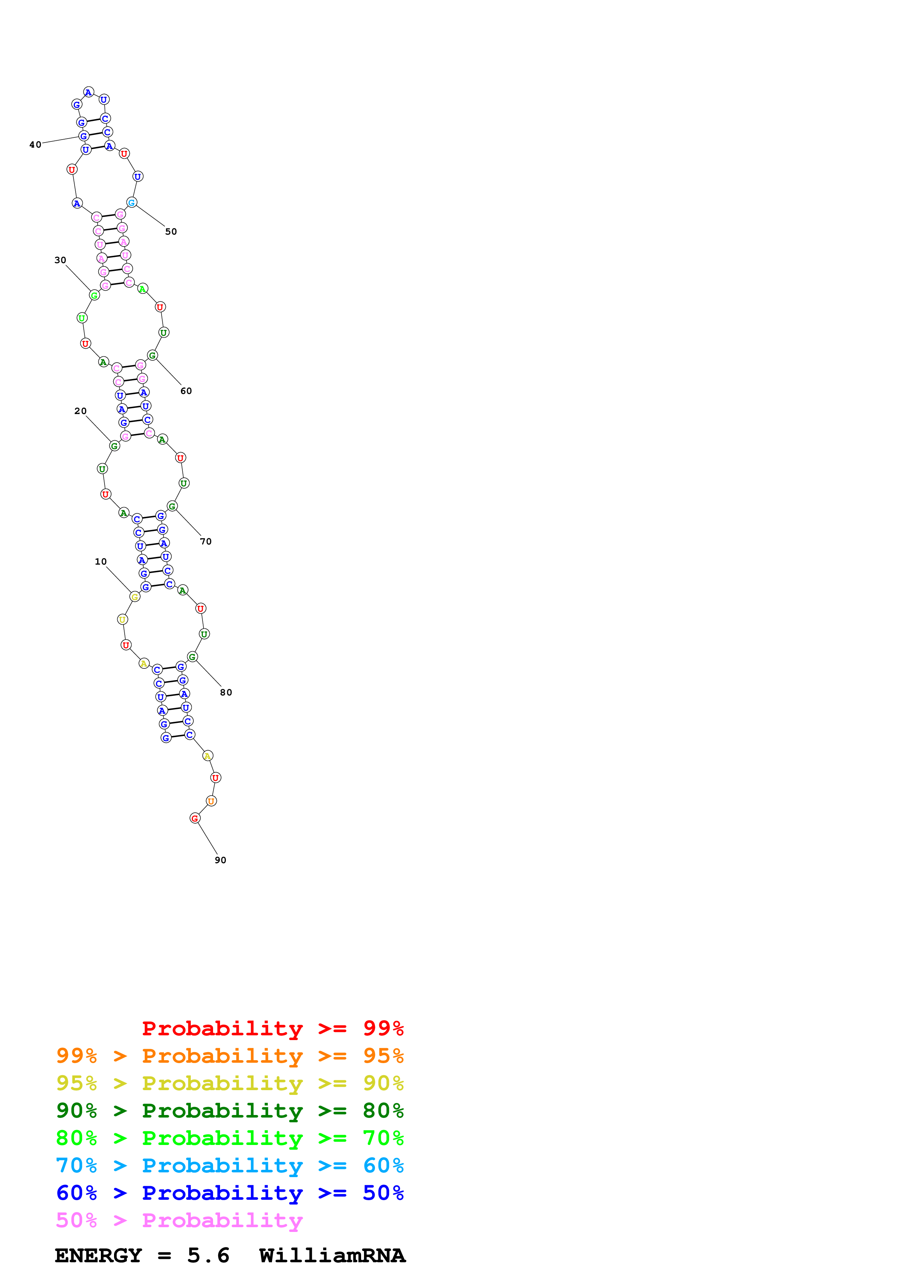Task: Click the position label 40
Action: [x=35, y=145]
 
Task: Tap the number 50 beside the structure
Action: [x=171, y=232]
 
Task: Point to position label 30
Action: [x=60, y=260]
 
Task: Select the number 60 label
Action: [x=186, y=391]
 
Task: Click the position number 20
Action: [x=80, y=411]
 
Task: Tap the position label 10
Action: [x=101, y=562]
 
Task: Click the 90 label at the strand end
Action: [x=220, y=860]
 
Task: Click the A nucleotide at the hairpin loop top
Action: [x=88, y=92]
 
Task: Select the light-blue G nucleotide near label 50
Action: [x=132, y=203]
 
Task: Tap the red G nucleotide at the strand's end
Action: [x=195, y=819]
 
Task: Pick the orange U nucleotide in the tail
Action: [x=211, y=801]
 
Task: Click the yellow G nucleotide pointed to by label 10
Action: [x=134, y=597]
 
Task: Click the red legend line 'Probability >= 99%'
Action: [x=272, y=1028]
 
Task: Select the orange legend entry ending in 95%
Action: [x=230, y=1056]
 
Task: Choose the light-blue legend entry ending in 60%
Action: [x=230, y=1165]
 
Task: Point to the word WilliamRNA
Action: [x=332, y=1256]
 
